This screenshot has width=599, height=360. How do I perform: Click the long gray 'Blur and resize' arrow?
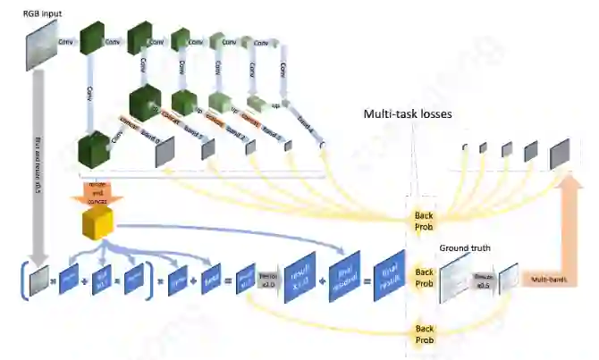[38, 170]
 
